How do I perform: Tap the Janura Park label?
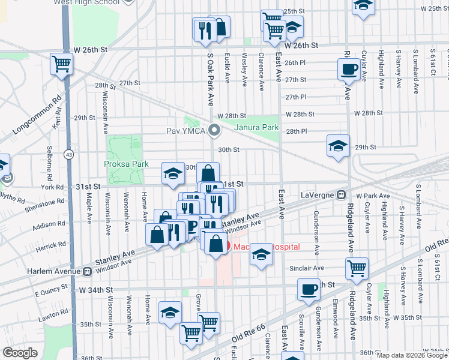(x=256, y=127)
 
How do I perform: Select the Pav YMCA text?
(x=186, y=131)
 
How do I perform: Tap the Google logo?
(x=20, y=353)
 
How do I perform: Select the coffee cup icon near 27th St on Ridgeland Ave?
(x=348, y=70)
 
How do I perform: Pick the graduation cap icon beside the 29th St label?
(x=338, y=145)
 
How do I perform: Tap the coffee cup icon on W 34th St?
(x=309, y=289)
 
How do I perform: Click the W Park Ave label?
(x=369, y=196)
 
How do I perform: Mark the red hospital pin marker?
(x=226, y=246)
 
